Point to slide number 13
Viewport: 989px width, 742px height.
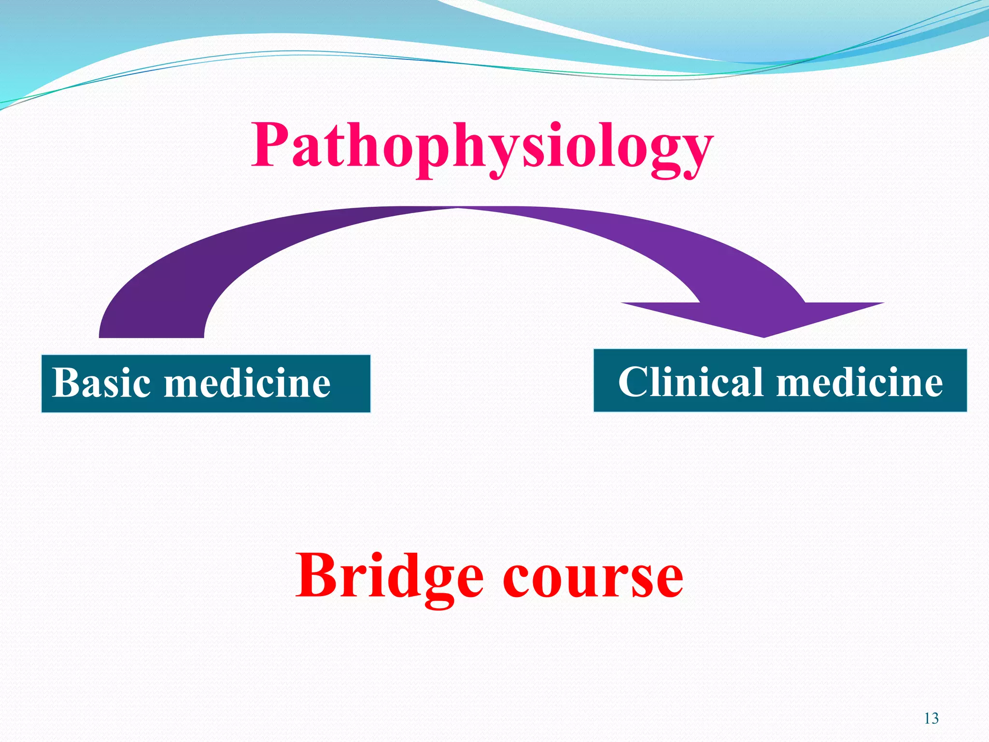(931, 718)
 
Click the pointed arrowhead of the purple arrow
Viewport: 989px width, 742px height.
(764, 336)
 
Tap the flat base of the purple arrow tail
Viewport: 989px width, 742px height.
(151, 336)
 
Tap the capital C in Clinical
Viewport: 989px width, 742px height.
(634, 382)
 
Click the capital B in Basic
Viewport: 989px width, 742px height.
(65, 383)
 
